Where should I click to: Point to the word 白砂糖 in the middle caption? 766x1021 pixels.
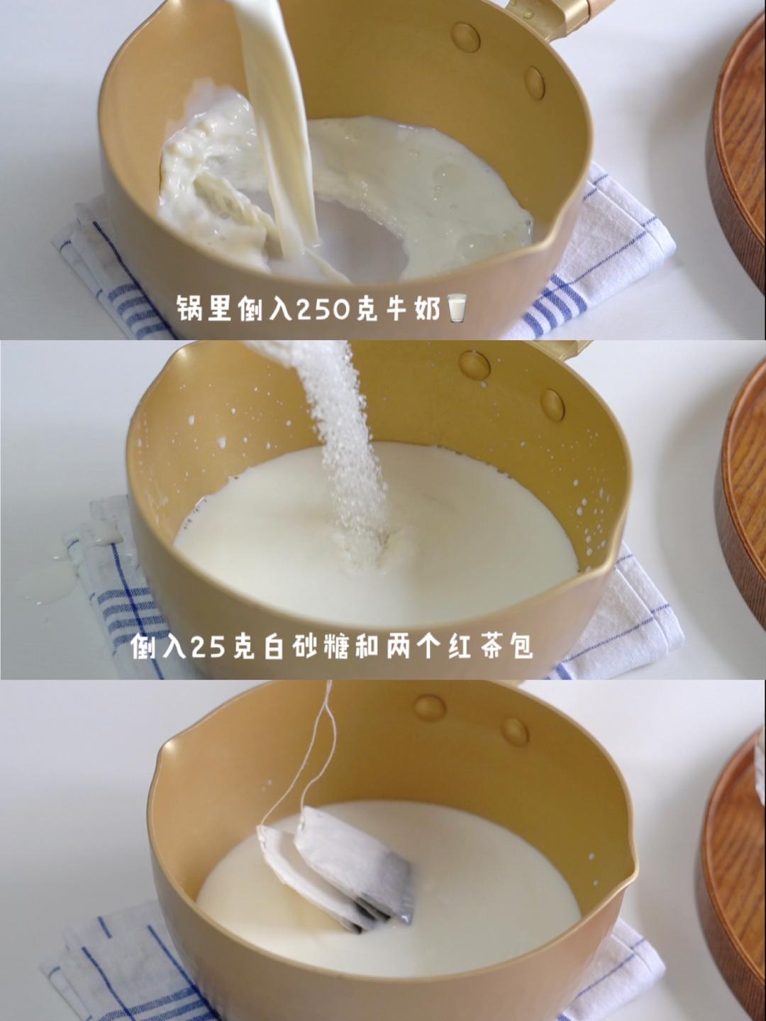point(308,646)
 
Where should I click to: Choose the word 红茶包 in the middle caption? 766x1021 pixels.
point(490,646)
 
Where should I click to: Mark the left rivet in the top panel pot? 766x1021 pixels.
point(465,36)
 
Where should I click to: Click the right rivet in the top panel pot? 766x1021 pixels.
point(535,82)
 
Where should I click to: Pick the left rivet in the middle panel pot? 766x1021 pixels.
point(474,365)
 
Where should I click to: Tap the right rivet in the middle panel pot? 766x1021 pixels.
point(553,404)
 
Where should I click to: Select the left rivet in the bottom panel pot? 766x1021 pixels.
point(430,707)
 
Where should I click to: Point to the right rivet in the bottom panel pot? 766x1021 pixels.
point(514,731)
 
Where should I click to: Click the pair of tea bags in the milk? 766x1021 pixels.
point(340,866)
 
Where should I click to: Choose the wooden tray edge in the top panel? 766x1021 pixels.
point(738,142)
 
